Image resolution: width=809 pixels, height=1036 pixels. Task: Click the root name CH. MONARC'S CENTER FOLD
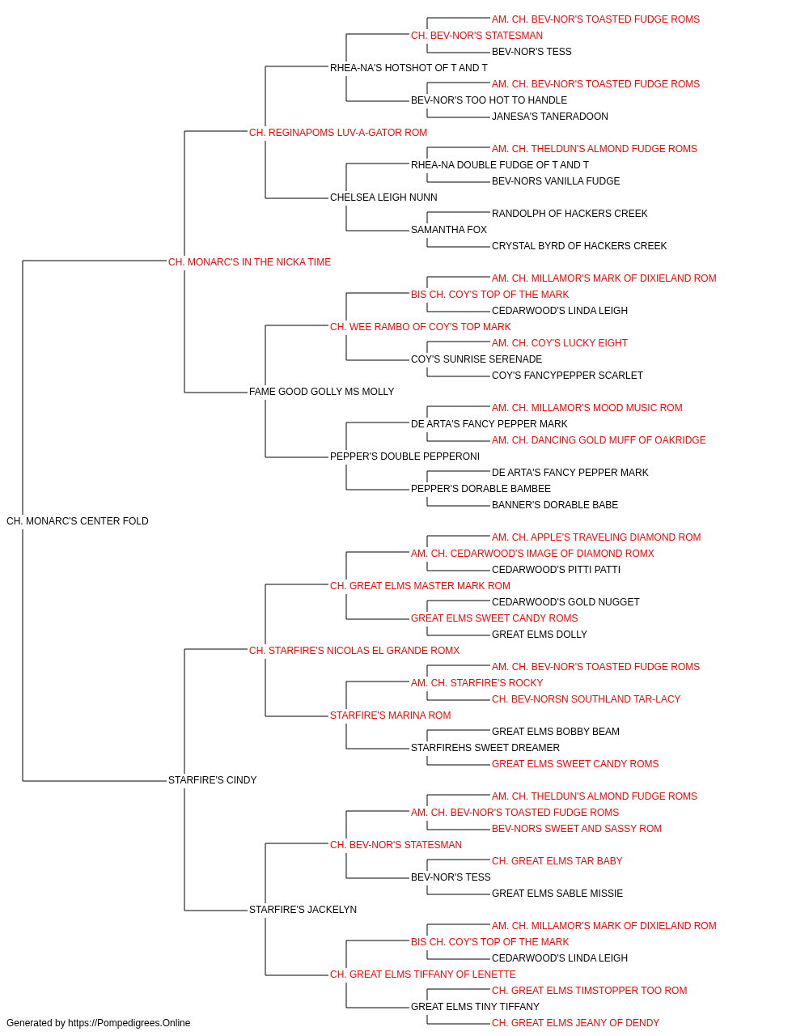click(x=77, y=521)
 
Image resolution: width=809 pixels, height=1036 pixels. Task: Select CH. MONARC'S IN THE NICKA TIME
click(x=249, y=262)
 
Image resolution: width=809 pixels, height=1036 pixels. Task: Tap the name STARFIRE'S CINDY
click(x=212, y=780)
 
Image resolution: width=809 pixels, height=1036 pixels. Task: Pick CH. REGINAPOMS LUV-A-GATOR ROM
click(x=338, y=133)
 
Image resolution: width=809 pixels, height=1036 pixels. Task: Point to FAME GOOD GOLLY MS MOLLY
click(x=322, y=392)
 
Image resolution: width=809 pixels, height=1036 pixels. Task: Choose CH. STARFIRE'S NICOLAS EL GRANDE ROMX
click(x=354, y=650)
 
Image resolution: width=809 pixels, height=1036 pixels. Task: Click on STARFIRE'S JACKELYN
click(x=303, y=910)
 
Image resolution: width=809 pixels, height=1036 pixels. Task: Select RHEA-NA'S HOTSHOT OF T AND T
click(x=409, y=68)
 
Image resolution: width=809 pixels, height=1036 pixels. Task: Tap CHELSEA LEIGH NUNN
click(x=383, y=197)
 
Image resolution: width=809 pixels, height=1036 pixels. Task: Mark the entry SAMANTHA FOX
click(x=449, y=230)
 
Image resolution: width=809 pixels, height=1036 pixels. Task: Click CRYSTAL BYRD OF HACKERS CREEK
click(x=579, y=246)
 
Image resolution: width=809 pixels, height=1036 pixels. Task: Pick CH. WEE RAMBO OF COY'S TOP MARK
click(x=420, y=327)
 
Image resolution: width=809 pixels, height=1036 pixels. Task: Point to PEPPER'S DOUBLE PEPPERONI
click(x=404, y=456)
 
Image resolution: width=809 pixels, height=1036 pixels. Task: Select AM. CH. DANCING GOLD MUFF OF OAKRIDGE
click(x=599, y=440)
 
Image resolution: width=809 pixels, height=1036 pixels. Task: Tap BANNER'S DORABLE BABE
click(x=555, y=505)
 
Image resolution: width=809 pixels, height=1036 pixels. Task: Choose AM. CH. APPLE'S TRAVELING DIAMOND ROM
click(x=596, y=537)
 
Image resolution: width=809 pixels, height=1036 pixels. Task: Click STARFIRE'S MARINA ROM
click(x=390, y=715)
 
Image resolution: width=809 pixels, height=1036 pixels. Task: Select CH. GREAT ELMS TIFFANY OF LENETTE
click(x=422, y=974)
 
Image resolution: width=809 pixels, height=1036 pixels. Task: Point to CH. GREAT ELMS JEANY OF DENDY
click(x=575, y=1023)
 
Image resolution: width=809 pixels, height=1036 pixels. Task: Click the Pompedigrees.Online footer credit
click(x=98, y=1023)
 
